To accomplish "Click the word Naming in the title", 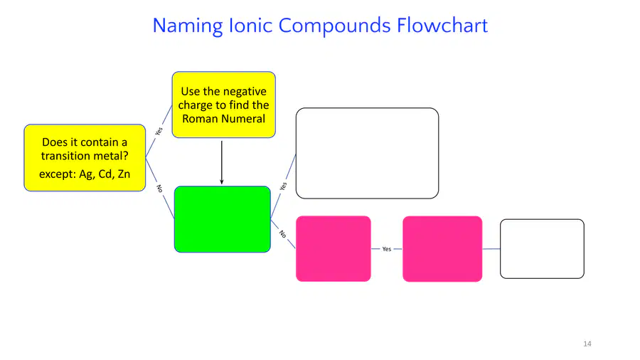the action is point(188,26).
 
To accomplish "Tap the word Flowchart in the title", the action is point(442,25).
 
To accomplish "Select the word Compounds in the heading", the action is point(335,26).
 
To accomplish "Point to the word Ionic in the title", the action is point(250,25).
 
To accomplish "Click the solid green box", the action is point(223,219).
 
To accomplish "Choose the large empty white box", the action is point(368,153).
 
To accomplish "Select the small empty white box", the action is point(542,249).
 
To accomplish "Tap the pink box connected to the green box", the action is point(334,248).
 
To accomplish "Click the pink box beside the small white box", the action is point(442,248).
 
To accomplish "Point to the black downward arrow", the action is point(222,162).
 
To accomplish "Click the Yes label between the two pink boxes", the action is point(387,249).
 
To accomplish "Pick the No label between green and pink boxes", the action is point(282,234).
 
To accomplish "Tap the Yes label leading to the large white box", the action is point(283,186).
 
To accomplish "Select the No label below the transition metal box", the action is point(159,189).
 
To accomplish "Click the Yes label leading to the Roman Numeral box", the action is point(159,131).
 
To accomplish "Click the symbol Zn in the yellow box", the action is point(124,174).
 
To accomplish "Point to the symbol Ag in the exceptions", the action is point(86,174).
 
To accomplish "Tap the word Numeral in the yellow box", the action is point(246,119).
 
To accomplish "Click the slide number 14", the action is point(587,344).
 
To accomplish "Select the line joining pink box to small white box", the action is point(491,248).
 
